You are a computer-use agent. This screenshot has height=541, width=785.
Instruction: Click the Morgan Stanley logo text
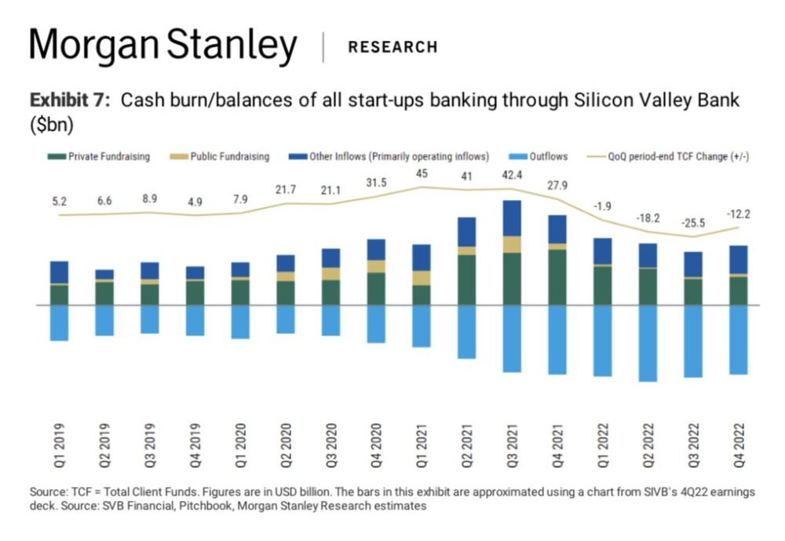click(x=163, y=48)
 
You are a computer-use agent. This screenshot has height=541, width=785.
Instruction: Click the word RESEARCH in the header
click(x=392, y=47)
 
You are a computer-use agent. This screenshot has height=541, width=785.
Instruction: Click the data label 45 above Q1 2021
click(x=422, y=174)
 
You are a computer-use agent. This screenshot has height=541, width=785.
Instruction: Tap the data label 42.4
click(x=513, y=175)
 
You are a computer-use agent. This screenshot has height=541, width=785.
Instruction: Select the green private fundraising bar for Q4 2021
click(x=558, y=277)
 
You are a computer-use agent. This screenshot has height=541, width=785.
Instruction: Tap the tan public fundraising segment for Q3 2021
click(x=513, y=244)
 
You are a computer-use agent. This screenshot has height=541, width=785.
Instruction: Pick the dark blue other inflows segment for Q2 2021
click(x=467, y=232)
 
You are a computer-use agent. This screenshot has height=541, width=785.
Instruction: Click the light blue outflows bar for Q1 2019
click(x=59, y=323)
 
